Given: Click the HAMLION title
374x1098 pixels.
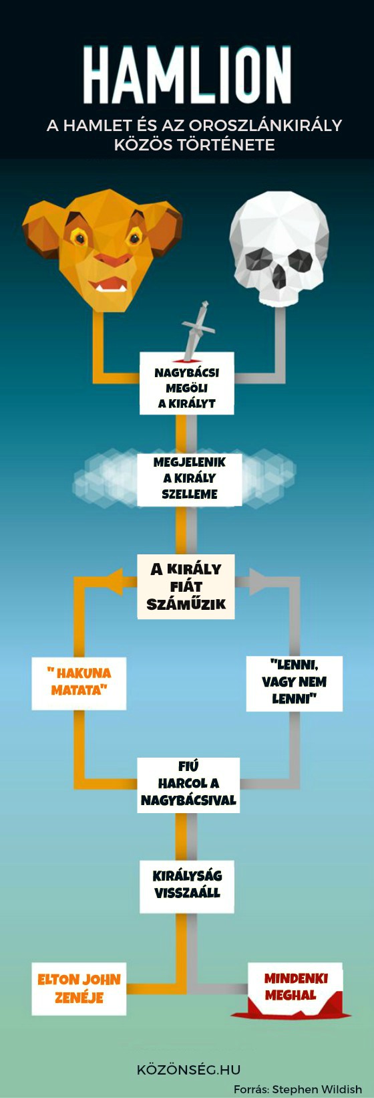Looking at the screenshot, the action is (187, 74).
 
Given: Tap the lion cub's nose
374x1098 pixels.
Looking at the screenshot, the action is (113, 259).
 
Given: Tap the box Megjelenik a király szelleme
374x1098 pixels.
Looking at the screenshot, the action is (189, 478).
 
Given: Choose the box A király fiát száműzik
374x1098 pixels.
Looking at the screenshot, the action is (186, 586).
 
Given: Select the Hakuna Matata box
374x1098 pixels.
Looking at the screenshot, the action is (79, 683).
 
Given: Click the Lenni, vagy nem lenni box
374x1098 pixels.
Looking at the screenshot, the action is (295, 683).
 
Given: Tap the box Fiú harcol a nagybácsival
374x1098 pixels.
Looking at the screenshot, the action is (188, 785).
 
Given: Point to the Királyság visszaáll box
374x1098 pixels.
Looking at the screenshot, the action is (186, 886).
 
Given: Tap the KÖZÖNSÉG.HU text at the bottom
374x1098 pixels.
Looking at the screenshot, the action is (188, 1069).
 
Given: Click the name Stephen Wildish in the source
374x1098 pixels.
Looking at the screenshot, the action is (317, 1089).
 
